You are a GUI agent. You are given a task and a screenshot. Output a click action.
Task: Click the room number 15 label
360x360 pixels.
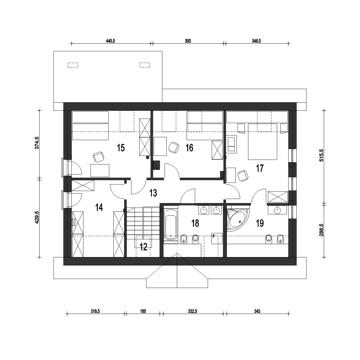[x=121, y=148]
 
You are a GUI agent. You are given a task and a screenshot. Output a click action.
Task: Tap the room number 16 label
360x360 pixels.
[x=189, y=148]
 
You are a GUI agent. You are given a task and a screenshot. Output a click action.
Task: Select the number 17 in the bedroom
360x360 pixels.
[x=260, y=168]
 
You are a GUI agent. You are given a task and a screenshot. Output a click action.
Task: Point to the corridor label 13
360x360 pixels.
[x=153, y=193]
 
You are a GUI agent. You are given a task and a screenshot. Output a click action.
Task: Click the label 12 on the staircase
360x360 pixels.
[x=143, y=247]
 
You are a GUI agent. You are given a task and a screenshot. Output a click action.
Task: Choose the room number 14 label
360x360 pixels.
[x=99, y=207]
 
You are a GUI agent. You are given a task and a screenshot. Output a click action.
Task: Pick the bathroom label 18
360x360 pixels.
[x=195, y=223]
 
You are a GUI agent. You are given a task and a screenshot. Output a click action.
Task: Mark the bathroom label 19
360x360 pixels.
[x=260, y=223]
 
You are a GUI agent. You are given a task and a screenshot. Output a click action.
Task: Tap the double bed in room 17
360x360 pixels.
[x=262, y=141]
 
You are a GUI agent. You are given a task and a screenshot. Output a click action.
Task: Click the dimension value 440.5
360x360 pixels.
[x=110, y=41]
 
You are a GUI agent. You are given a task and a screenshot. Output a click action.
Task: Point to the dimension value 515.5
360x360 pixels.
[x=321, y=155]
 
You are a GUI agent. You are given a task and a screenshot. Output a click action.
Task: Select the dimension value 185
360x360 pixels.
[x=143, y=311]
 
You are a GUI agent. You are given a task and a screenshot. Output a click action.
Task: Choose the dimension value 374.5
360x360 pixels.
[x=37, y=143]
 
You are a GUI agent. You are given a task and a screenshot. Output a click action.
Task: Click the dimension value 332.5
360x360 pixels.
[x=192, y=311]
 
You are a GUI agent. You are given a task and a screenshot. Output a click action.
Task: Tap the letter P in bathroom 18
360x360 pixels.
[x=213, y=236]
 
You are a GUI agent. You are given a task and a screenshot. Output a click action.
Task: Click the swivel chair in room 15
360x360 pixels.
[x=99, y=157]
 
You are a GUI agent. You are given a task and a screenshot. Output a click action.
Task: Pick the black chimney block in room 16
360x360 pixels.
[x=156, y=165]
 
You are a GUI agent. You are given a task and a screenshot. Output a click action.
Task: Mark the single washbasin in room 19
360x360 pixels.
[x=277, y=210]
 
